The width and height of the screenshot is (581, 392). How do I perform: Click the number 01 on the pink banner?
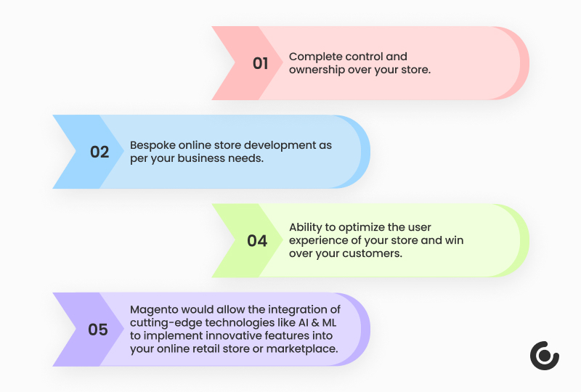point(260,63)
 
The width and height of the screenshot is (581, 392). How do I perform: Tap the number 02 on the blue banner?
point(99,152)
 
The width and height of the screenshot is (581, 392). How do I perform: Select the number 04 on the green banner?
point(257,240)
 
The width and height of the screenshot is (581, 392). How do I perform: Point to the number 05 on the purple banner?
point(98,330)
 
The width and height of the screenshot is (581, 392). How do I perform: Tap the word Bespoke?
point(151,145)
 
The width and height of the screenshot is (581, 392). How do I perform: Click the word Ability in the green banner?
point(306,227)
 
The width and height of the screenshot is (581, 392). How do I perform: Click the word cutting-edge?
point(161,323)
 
